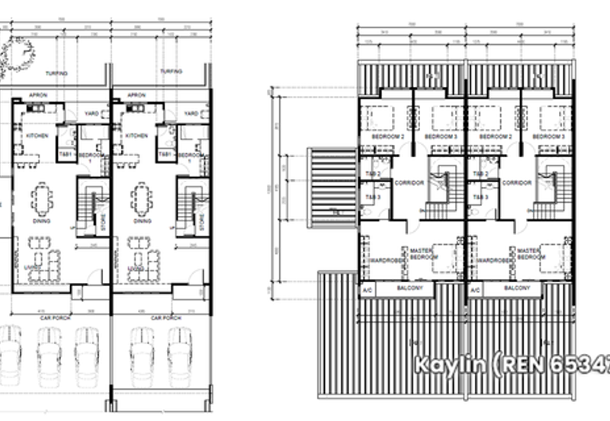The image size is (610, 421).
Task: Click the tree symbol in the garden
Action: (x=17, y=56)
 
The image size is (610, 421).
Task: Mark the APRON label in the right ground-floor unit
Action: (x=137, y=95)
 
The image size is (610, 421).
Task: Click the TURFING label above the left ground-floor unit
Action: (x=56, y=73)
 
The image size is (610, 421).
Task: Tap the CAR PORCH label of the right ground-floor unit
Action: (x=164, y=317)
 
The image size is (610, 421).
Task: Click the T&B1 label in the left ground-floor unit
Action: (x=65, y=155)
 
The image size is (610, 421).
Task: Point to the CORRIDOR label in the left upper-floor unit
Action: (x=409, y=183)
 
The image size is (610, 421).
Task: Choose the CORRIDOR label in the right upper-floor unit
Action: (x=516, y=183)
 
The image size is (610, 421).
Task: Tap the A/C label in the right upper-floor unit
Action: (x=475, y=291)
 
